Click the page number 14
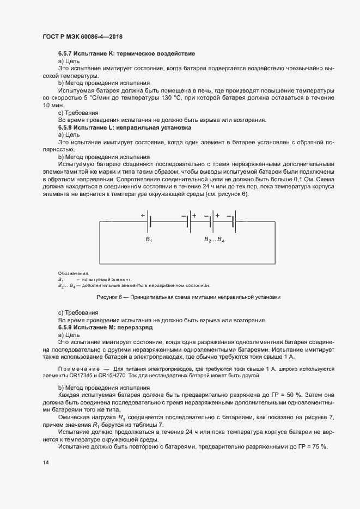pos(46,462)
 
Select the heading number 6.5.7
pos(67,54)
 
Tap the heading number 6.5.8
pos(67,126)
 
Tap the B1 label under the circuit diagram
pos(148,240)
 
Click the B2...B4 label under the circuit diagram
pos(214,240)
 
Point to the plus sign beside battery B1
pos(143,216)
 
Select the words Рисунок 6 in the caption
pos(109,297)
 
